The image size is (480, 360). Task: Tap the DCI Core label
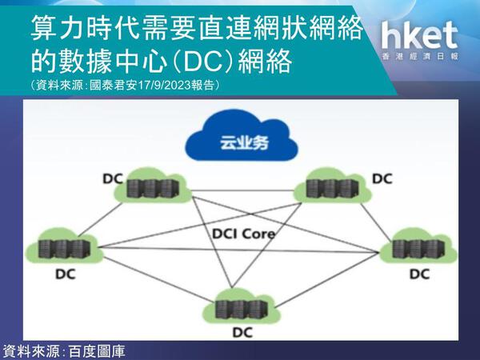(243, 234)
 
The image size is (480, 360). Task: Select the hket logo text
(419, 36)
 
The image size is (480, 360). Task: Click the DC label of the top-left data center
(113, 179)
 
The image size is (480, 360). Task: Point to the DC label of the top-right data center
(382, 178)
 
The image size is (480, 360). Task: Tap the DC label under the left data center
(66, 274)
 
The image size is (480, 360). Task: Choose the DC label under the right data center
(420, 274)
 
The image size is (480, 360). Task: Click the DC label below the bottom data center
(242, 333)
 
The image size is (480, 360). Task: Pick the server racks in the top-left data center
(153, 188)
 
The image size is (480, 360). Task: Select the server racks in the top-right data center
(332, 188)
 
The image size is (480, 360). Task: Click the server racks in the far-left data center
(64, 248)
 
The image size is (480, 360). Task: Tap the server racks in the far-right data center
(418, 248)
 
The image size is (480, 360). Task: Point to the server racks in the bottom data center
(242, 309)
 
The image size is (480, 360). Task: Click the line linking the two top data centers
(243, 190)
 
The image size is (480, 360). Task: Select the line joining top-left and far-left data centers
(98, 220)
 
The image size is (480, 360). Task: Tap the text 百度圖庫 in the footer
(98, 351)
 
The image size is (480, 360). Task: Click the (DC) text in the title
(202, 62)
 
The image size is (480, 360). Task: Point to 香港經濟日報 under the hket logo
(420, 56)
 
